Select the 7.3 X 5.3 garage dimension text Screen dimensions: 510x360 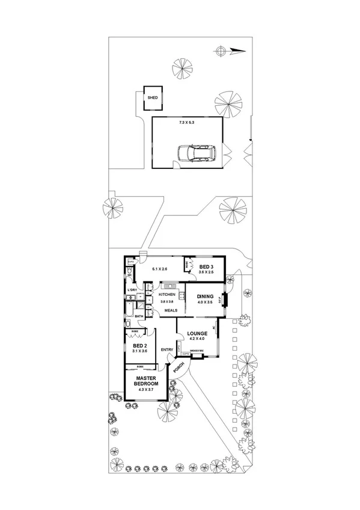pos(187,122)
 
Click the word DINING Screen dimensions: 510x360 pos(206,296)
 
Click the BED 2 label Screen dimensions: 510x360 pos(139,346)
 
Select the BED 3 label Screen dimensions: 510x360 pos(206,266)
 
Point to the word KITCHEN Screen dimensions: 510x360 pos(166,294)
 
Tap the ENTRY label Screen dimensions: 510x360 pos(167,350)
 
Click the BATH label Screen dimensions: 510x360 pos(139,316)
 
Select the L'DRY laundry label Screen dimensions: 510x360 pos(132,290)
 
